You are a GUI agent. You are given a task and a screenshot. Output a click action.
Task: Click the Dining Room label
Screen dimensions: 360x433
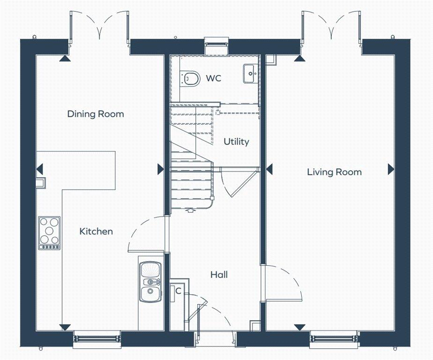point(96,114)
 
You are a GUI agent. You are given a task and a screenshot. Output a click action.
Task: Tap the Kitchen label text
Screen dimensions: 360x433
point(96,231)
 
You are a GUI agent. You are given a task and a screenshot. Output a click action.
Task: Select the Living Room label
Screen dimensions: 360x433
point(334,172)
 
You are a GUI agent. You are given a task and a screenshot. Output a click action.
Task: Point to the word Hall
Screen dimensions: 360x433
point(219,274)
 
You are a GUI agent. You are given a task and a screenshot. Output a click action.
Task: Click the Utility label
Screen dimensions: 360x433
point(236,142)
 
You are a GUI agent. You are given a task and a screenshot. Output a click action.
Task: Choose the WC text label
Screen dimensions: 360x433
point(213,78)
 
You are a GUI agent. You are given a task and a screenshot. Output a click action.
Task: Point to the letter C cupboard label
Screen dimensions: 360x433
point(178,291)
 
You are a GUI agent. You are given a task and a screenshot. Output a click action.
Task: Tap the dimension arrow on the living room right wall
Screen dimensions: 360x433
point(391,170)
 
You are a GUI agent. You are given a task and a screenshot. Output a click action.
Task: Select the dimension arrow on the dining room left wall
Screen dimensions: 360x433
point(40,169)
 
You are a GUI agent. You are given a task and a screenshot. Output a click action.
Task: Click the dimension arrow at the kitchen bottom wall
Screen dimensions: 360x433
point(65,327)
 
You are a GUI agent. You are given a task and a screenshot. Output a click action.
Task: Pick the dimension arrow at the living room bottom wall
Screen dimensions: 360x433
point(299,327)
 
